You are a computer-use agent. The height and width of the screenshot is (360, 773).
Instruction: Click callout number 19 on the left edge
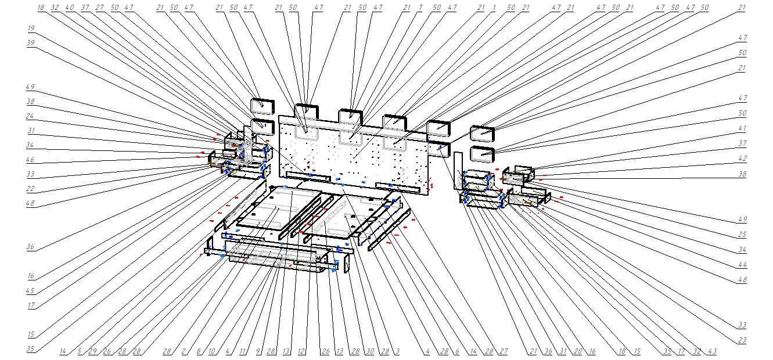pos(30,28)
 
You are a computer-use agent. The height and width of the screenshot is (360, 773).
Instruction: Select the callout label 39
pos(30,43)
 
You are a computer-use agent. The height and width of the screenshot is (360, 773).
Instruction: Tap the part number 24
pos(30,115)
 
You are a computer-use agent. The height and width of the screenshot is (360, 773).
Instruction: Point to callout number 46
pos(30,159)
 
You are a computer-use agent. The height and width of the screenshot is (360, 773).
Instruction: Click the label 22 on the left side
pos(30,189)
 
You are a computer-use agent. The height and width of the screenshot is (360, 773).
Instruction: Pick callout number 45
pos(30,291)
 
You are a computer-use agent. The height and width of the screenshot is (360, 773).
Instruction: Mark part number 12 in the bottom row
pos(301,352)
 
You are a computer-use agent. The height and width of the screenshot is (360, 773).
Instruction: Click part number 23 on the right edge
pos(742,340)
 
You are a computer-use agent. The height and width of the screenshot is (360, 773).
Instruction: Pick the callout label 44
pos(742,265)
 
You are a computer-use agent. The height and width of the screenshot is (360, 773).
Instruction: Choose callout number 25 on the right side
pos(742,235)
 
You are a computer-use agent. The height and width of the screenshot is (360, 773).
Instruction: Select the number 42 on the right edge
pos(742,158)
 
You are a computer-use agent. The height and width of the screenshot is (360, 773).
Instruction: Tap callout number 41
pos(742,128)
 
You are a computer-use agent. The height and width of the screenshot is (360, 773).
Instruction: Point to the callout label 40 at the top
pos(69,8)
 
